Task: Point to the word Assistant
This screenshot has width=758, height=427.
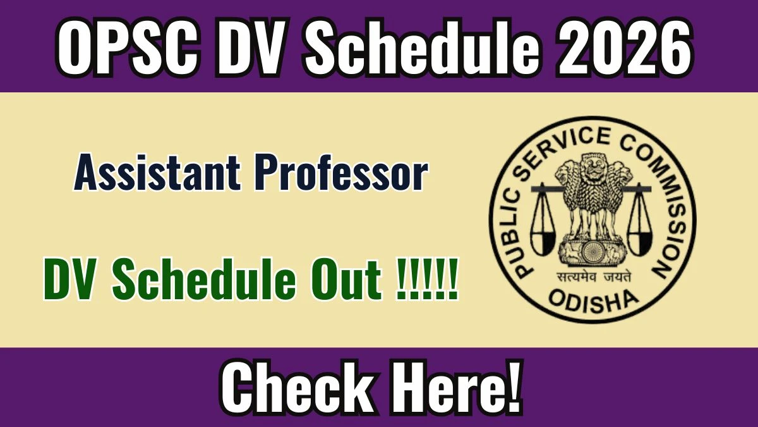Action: [x=158, y=173]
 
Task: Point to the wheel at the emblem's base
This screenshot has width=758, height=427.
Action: [x=593, y=252]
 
